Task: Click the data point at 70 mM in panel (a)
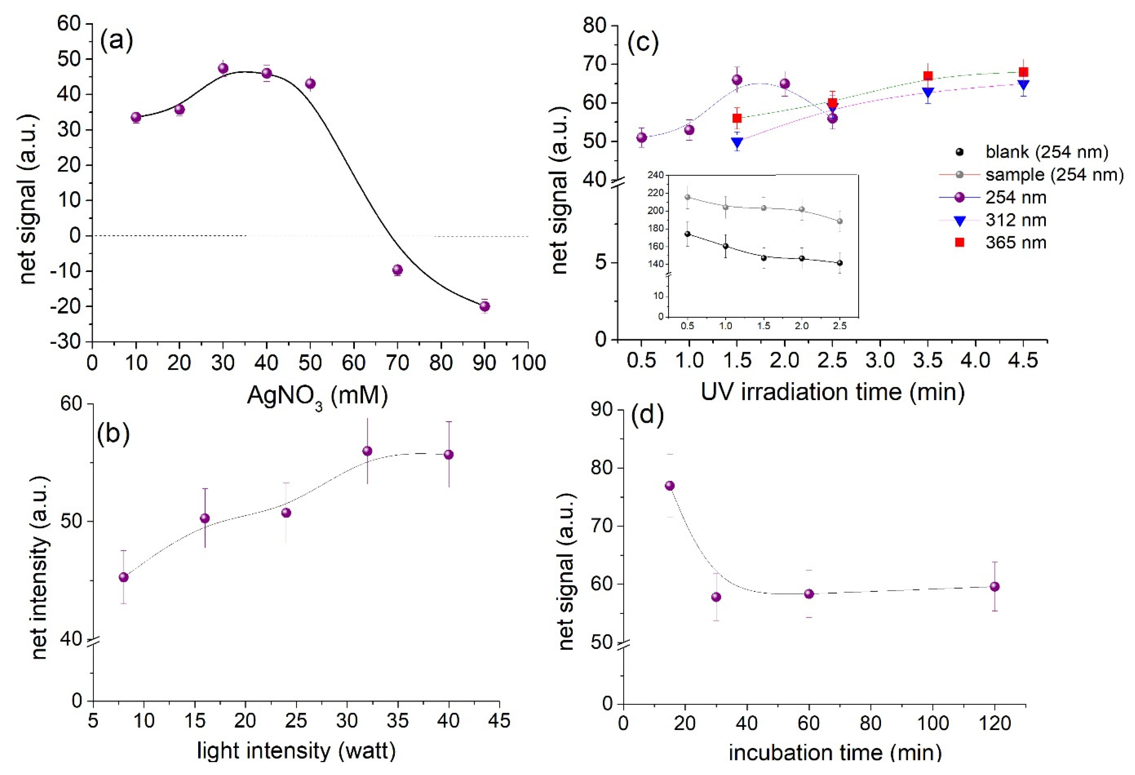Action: [397, 270]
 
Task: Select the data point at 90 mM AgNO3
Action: [484, 306]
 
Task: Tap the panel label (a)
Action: [116, 41]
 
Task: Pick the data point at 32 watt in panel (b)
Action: [367, 451]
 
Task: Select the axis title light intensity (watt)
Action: [296, 751]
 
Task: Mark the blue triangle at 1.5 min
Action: [737, 142]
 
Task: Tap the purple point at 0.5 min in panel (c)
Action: [642, 138]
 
